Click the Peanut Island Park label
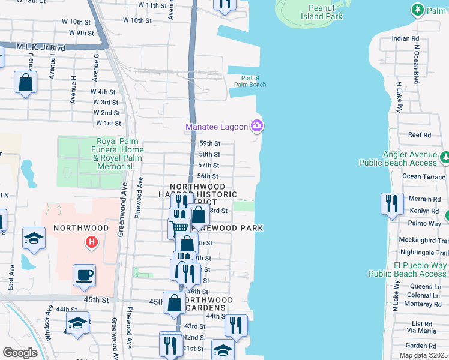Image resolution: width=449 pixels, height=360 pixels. pos(325,12)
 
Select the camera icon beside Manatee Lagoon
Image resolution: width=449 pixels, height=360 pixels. pos(257,125)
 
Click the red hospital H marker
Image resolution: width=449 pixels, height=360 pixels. pos(91,242)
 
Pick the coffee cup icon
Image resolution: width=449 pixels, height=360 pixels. pos(84,275)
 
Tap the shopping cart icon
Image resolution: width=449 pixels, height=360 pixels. pos(178,227)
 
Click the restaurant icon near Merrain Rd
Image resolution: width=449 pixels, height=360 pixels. pos(391,203)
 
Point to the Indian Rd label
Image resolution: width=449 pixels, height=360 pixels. pos(405,38)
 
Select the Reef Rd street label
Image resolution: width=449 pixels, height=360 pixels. pos(419,135)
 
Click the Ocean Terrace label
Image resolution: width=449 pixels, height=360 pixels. pos(424,176)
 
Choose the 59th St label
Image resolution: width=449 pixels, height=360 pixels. pos(210,143)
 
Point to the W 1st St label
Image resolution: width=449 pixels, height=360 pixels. pos(109,123)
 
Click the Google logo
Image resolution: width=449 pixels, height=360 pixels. pos(20,353)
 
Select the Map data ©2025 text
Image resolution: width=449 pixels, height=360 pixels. pos(423,356)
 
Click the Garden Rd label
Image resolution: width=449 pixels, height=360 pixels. pos(420,346)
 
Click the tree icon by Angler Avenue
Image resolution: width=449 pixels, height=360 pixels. pos(445,158)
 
